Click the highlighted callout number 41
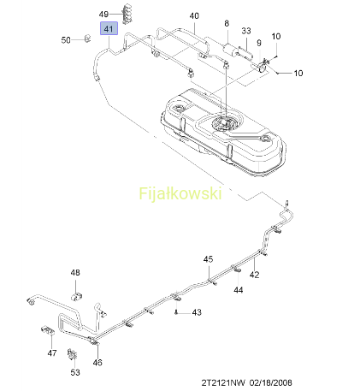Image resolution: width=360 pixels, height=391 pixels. (109, 29)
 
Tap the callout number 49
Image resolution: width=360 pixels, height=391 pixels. (103, 14)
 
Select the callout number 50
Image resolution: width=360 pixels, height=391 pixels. (66, 40)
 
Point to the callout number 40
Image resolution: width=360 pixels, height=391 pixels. (194, 15)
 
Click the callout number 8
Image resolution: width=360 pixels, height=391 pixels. (227, 23)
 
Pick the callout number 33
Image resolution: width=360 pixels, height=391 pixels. (246, 31)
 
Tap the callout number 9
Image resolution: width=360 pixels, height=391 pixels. (259, 43)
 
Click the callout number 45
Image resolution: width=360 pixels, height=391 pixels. (208, 259)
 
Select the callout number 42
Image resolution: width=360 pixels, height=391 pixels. (255, 275)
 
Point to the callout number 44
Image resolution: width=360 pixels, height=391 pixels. (239, 290)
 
